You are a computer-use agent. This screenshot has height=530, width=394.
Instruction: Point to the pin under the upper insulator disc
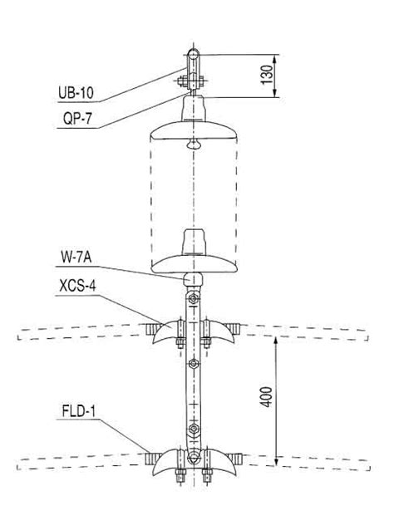point(193,144)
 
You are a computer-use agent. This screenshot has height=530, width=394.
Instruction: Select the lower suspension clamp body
point(193,459)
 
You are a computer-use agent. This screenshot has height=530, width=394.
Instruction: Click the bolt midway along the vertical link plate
point(193,363)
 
